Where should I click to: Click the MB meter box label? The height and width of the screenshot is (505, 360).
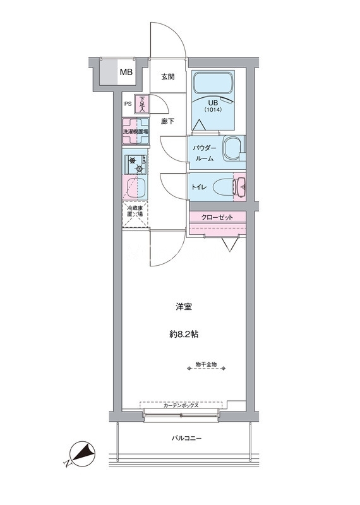(x=126, y=72)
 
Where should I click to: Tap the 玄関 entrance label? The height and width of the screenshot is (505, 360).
(x=167, y=77)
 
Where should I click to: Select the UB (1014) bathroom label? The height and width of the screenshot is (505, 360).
(x=213, y=105)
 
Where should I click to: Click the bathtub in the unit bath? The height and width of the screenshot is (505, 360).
(x=213, y=83)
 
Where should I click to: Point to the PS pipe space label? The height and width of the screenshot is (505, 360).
(x=128, y=104)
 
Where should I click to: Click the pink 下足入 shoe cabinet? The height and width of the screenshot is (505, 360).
(x=142, y=104)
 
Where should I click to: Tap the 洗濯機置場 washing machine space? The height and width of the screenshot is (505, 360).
(x=135, y=131)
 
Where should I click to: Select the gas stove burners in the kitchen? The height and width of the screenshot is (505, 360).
(x=136, y=165)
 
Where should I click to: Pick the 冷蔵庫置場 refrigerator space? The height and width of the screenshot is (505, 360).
(x=135, y=215)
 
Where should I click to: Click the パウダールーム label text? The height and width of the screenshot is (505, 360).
(x=205, y=153)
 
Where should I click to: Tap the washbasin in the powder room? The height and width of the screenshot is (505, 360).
(x=232, y=149)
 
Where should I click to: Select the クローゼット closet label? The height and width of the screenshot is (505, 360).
(x=217, y=217)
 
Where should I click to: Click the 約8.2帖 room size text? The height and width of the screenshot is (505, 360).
(x=184, y=335)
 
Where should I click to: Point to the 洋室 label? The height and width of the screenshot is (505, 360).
(x=184, y=307)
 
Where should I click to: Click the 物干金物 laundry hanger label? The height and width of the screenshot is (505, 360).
(x=207, y=365)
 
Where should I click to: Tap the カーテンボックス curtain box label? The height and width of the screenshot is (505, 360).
(x=181, y=406)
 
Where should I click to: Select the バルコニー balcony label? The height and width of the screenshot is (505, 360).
(x=186, y=438)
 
